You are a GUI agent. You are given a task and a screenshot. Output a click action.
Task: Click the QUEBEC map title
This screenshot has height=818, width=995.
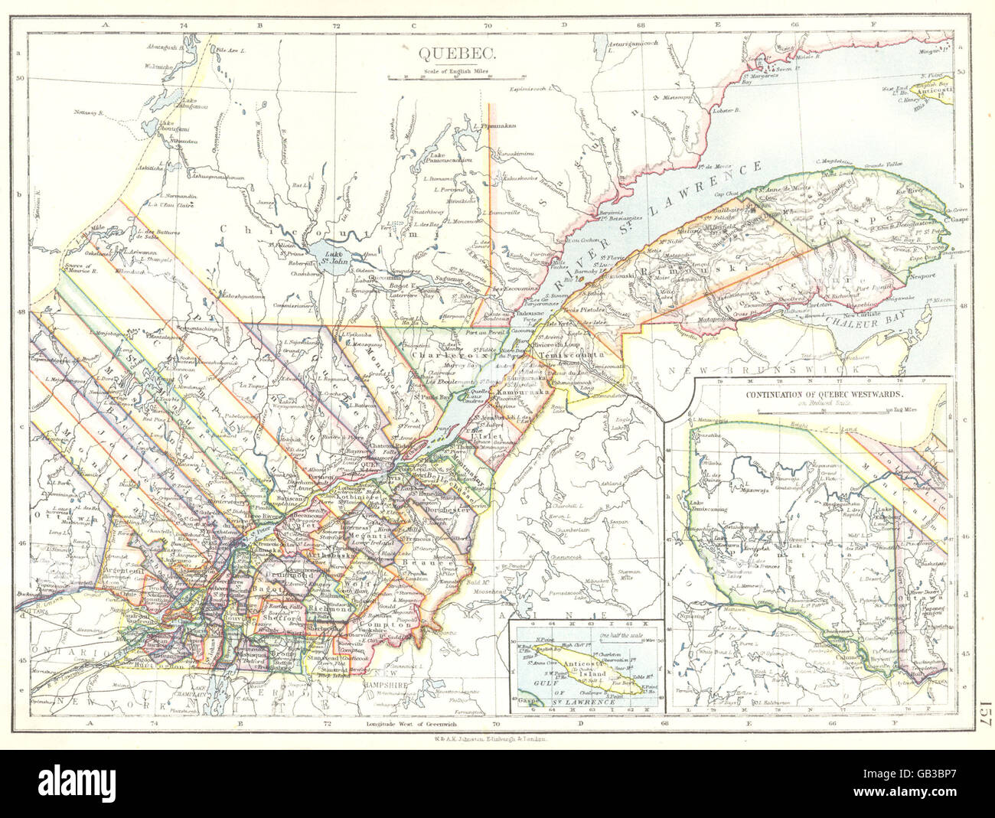point(457,54)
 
